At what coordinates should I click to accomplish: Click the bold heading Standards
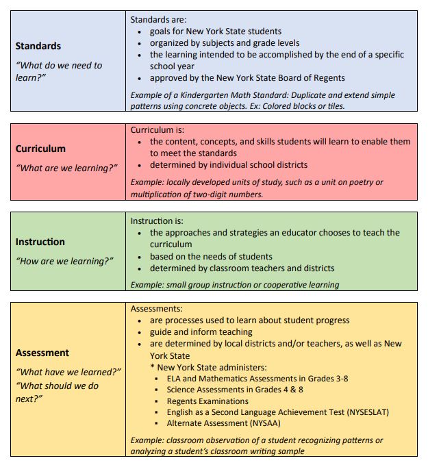pos(38,46)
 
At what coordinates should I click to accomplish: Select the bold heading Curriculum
pos(40,149)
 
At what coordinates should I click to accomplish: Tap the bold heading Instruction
pos(40,242)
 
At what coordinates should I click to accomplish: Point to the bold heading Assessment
pos(42,353)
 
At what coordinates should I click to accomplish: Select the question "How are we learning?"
pos(64,261)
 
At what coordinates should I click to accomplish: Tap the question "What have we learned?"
pos(68,372)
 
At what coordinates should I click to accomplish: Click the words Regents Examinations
pos(207,401)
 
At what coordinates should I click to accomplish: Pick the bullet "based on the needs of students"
pos(211,257)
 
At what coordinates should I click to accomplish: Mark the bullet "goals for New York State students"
pos(215,31)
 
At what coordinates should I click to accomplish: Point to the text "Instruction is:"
pos(158,221)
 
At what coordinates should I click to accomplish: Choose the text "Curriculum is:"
pos(158,129)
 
